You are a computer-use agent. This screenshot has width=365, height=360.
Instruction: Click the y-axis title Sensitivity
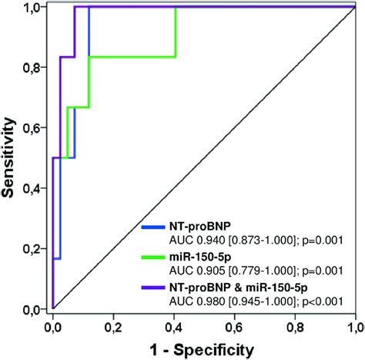point(12,158)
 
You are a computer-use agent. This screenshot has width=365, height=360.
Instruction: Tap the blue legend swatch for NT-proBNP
point(159,227)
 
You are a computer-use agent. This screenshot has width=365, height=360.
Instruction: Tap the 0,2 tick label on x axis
point(113,323)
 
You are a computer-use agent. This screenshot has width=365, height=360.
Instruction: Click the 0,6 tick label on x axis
point(234,323)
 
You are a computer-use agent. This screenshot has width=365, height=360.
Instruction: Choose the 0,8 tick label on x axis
point(294,323)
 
